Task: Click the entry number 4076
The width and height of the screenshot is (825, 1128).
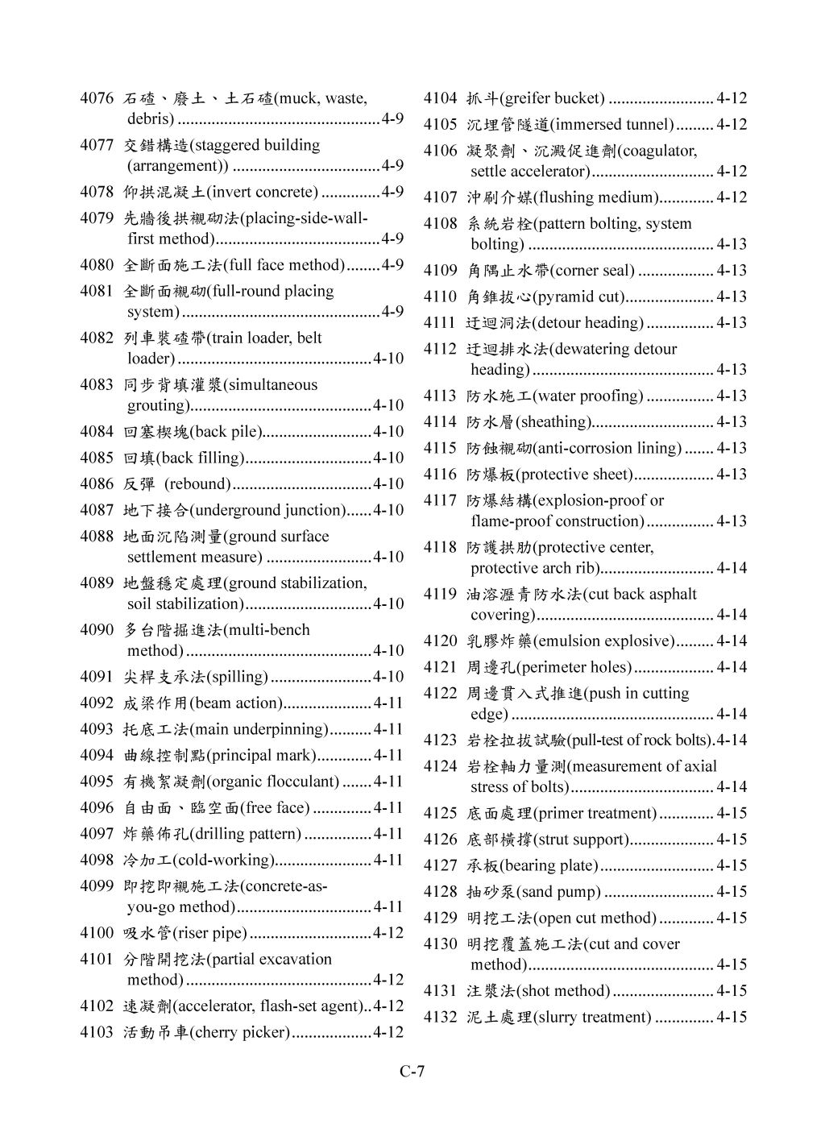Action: [x=96, y=98]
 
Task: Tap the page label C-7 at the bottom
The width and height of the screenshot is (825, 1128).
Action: [x=412, y=1071]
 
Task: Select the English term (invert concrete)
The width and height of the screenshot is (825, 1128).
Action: [x=263, y=192]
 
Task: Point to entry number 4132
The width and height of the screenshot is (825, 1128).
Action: [x=440, y=1017]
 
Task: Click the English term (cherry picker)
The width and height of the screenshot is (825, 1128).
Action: [x=239, y=1032]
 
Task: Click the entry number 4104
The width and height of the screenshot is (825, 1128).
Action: [x=440, y=98]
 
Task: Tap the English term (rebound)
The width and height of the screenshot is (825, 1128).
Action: [x=197, y=483]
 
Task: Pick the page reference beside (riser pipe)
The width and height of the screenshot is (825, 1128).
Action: [x=388, y=933]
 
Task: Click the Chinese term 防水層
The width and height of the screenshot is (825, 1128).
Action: [x=491, y=421]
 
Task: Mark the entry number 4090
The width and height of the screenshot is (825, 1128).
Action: [x=96, y=629]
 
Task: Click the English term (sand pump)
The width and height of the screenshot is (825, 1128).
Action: [x=559, y=891]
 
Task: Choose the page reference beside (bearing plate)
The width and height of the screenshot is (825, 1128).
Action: [x=732, y=865]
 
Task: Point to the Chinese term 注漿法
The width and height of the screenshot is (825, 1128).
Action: [x=491, y=990]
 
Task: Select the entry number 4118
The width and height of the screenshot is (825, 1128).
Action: [x=440, y=547]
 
